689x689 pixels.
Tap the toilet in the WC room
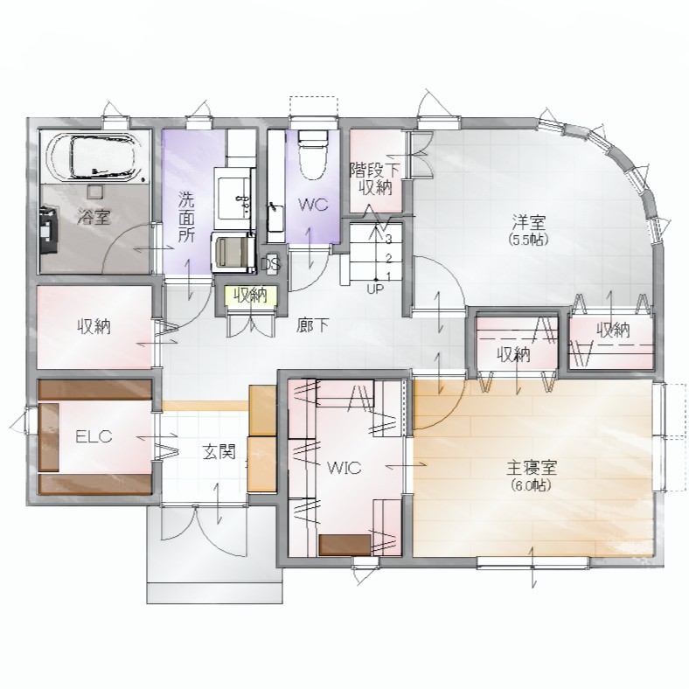point(313,155)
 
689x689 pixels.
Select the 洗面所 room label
point(186,217)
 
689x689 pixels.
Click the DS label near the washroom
point(271,264)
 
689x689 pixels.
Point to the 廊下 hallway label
point(312,325)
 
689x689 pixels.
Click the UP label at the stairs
point(375,289)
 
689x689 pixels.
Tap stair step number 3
point(388,240)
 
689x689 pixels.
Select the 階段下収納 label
point(375,179)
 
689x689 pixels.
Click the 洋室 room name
point(529,222)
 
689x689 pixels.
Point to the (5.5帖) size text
point(529,240)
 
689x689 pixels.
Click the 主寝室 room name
point(532,468)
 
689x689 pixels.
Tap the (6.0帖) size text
point(532,485)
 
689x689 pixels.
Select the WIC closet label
point(344,468)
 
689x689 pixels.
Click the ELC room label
point(94,436)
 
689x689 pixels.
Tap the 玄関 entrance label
point(219,452)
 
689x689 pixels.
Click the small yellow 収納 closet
point(250,296)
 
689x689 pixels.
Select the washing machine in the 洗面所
point(233,253)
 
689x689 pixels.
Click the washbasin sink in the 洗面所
point(233,198)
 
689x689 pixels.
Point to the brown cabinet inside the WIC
point(344,545)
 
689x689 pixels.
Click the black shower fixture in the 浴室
point(49,230)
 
